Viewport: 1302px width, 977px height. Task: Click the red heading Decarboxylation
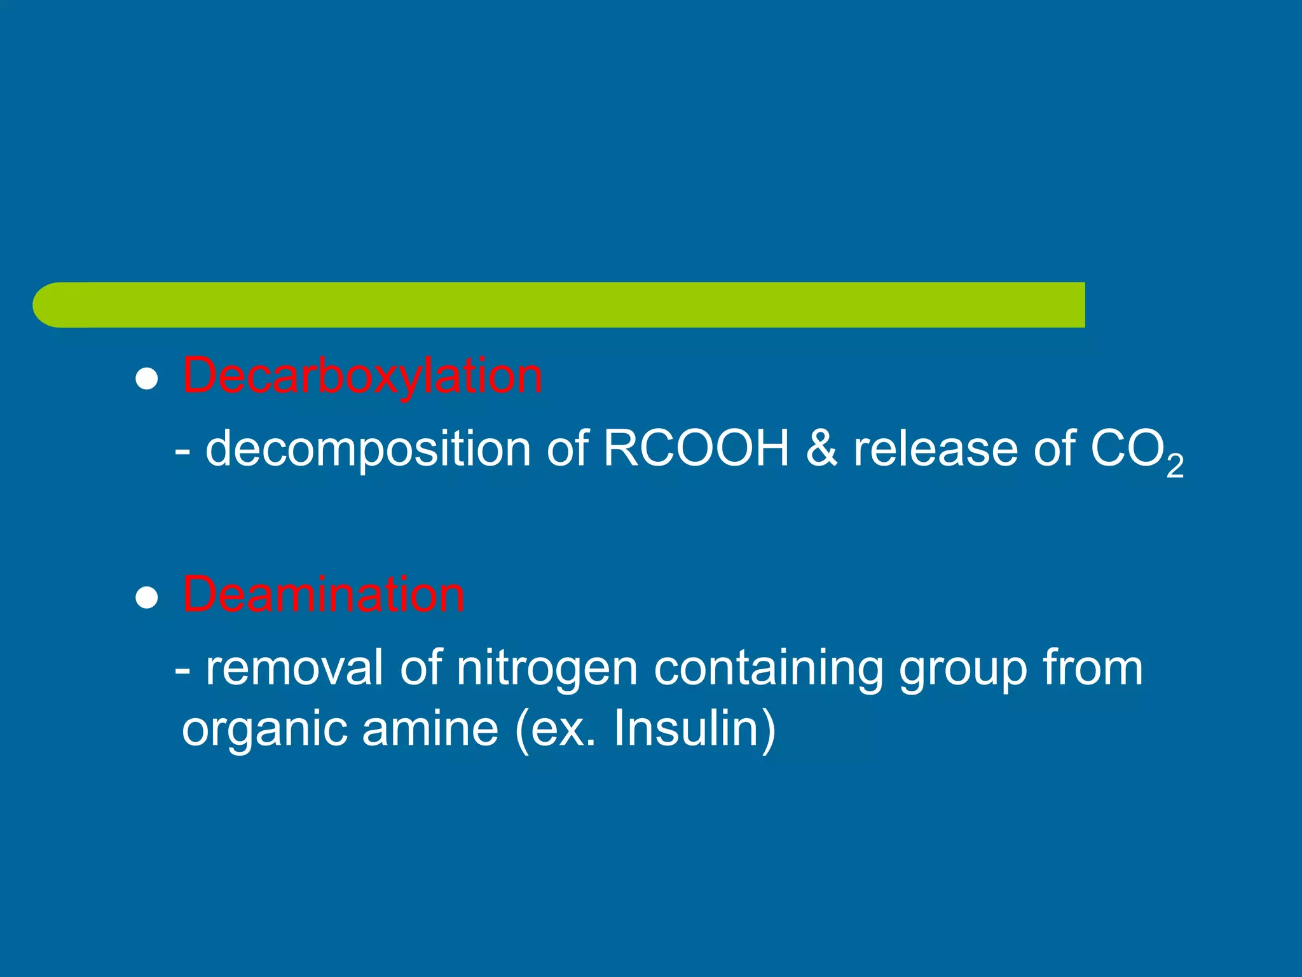362,377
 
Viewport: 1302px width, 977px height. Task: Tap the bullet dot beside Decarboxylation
147,379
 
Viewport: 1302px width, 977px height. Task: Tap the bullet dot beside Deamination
147,598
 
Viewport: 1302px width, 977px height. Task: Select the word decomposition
368,449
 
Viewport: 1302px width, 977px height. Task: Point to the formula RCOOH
696,449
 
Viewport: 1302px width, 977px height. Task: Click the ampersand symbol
821,449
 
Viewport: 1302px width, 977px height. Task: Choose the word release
935,449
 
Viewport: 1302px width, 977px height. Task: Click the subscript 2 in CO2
1175,466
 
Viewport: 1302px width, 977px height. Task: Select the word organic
264,729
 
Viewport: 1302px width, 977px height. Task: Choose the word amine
430,728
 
